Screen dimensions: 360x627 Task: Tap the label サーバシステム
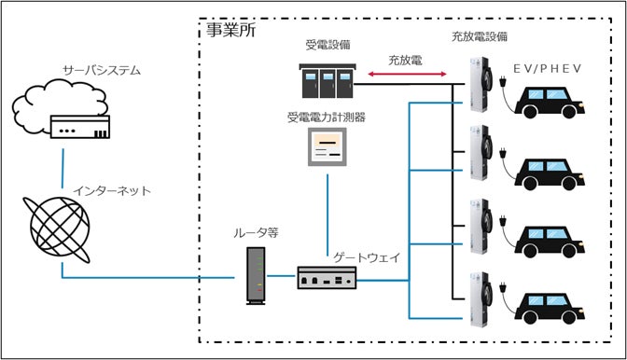click(102, 71)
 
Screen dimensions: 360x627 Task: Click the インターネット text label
click(113, 190)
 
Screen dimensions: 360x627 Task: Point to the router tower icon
click(255, 276)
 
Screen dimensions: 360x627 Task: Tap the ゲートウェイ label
click(365, 256)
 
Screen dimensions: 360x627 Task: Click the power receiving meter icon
click(327, 145)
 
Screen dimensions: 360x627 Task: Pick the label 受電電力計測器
click(327, 118)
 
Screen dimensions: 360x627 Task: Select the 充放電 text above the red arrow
click(406, 59)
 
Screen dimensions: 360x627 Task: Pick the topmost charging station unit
click(482, 88)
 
